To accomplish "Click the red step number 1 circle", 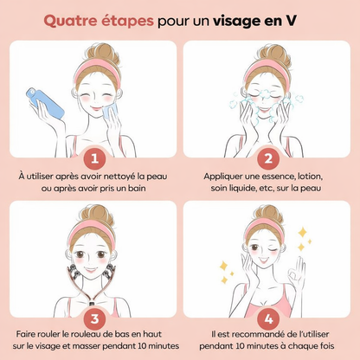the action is [x=94, y=158].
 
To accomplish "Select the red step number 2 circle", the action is [x=268, y=158].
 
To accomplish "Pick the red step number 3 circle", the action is [x=94, y=318].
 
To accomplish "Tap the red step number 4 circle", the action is [x=268, y=318].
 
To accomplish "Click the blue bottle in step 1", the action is [x=45, y=103].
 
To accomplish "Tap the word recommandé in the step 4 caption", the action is [x=259, y=334].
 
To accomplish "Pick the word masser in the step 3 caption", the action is [x=86, y=346].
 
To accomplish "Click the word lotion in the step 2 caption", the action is [x=310, y=176].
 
